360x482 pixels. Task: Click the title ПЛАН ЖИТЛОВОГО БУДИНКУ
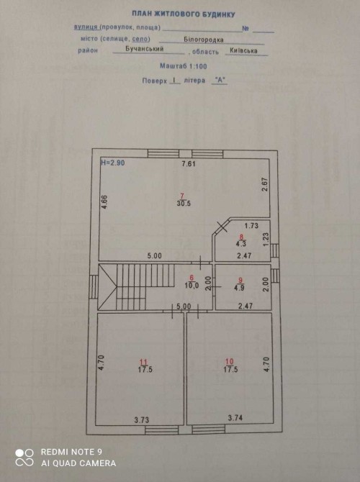(x=184, y=14)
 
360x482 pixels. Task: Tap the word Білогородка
(x=204, y=40)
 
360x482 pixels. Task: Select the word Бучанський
(x=144, y=49)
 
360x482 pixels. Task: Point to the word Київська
(x=243, y=51)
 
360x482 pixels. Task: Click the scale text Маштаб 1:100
(x=184, y=65)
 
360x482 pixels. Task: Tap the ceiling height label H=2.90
(x=113, y=163)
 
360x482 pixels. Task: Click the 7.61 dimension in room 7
(x=189, y=163)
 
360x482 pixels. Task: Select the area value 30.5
(x=184, y=203)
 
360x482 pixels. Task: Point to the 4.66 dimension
(x=105, y=202)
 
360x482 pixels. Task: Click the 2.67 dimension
(x=265, y=184)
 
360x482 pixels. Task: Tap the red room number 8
(x=241, y=237)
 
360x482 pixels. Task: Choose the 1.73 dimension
(x=251, y=226)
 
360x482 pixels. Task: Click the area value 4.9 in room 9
(x=239, y=288)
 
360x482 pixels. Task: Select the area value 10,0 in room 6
(x=192, y=286)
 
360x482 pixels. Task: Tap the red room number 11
(x=144, y=363)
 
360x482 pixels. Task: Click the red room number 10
(x=230, y=361)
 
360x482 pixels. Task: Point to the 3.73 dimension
(x=142, y=419)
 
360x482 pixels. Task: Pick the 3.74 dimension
(x=235, y=418)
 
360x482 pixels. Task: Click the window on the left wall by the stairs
(x=94, y=286)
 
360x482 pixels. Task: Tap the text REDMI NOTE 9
(x=71, y=452)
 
